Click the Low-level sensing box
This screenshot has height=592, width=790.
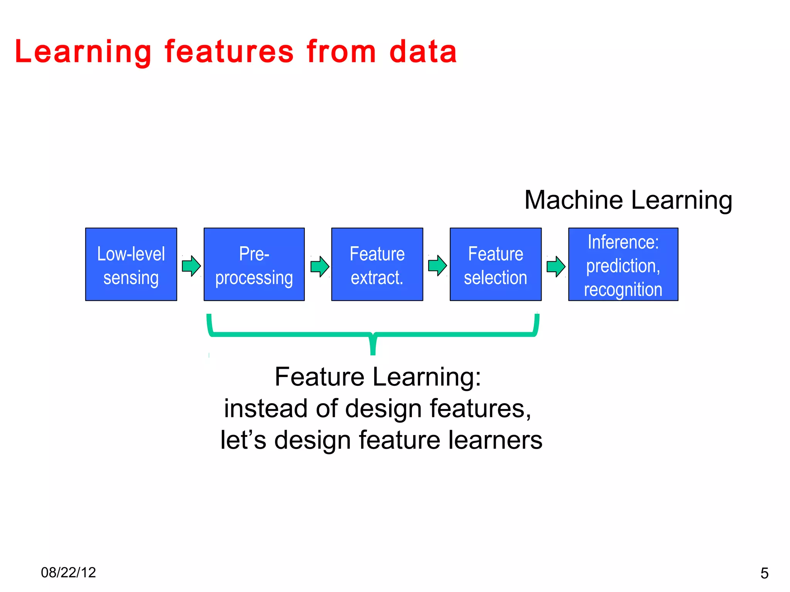coord(131,264)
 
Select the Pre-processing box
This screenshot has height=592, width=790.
coord(254,264)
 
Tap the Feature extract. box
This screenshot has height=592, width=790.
coord(377,264)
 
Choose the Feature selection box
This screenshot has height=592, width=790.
coord(495,264)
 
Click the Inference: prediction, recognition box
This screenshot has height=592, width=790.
coord(623,264)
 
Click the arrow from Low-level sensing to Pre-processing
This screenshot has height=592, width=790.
coord(191,266)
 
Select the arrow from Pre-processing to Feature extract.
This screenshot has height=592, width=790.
coord(320,266)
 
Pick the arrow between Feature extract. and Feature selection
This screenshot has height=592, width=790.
coord(437,266)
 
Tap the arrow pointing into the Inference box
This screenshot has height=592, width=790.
coord(556,266)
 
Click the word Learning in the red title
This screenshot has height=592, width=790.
coord(83,52)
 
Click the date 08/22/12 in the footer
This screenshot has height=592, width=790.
coord(68,572)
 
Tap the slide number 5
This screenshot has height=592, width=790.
coord(764,573)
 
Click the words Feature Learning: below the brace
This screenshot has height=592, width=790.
coord(378,377)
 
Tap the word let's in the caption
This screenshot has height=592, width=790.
coord(243,440)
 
